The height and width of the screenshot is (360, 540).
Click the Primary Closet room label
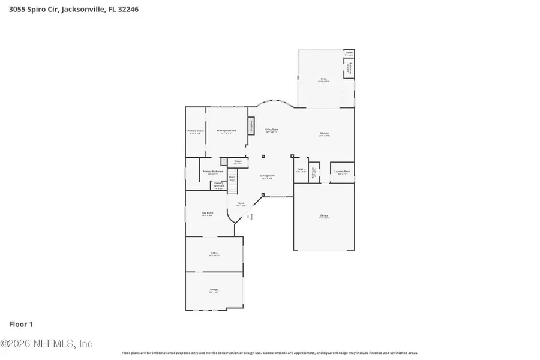196,131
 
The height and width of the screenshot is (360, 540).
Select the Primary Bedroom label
226,131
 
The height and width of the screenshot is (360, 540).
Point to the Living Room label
272,129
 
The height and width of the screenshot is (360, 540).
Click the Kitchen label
324,133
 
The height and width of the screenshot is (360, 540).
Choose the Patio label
323,80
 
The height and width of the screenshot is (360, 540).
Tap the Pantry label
300,169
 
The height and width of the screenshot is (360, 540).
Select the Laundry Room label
343,171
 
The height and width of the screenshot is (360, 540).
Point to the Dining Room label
267,176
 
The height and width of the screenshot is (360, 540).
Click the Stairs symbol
232,178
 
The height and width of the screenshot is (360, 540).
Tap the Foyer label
241,203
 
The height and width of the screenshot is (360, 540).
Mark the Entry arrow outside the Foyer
250,217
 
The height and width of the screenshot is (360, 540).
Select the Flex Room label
208,212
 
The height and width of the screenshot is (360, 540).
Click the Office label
214,253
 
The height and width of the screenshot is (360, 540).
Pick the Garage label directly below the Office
214,290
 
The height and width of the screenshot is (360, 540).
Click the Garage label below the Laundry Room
324,215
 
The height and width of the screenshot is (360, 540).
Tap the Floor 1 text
20,324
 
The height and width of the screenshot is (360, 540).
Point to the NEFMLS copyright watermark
47,344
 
